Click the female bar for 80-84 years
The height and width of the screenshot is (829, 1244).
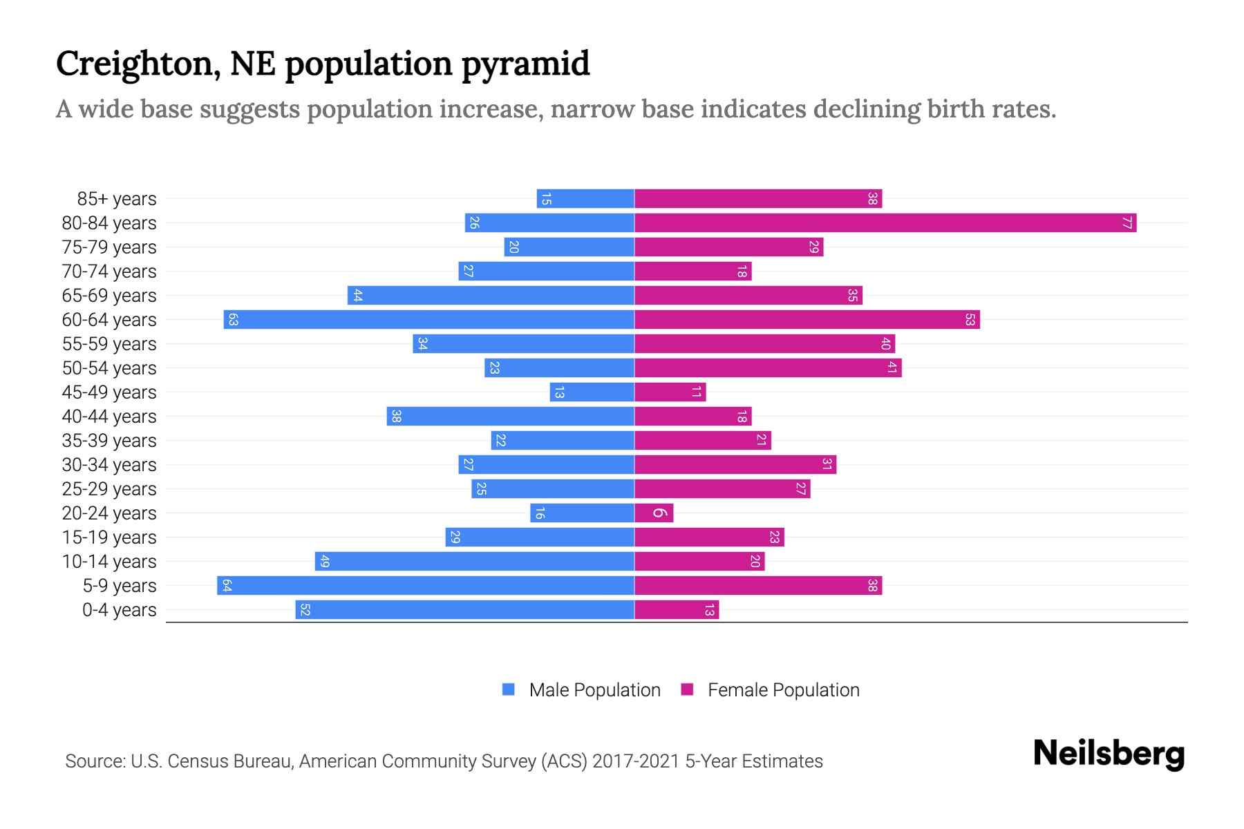[x=885, y=223]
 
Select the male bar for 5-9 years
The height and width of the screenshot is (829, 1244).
[x=426, y=586]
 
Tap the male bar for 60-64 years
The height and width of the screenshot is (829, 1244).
[x=428, y=320]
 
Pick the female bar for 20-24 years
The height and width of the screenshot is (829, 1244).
[x=654, y=513]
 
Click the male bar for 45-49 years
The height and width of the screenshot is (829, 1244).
[x=592, y=392]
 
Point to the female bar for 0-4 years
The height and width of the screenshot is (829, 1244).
[x=677, y=610]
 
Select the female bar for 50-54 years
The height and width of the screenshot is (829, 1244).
[x=768, y=368]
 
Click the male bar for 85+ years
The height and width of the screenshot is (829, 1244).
[x=585, y=199]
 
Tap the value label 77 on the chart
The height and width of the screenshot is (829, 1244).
[x=1127, y=223]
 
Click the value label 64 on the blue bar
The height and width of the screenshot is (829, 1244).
[x=227, y=586]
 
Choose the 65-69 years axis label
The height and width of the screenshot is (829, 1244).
[x=109, y=296]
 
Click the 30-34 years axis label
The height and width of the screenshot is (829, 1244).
[x=109, y=465]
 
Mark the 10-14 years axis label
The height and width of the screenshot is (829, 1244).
[x=109, y=562]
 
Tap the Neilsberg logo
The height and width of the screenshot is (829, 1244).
[x=1109, y=754]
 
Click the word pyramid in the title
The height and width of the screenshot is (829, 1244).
[x=525, y=64]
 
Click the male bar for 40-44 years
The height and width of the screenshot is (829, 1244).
[x=510, y=417]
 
